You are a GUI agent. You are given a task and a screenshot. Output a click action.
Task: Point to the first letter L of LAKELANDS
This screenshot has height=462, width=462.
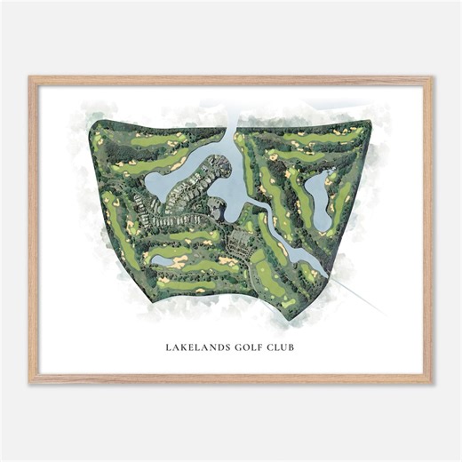tap(168, 346)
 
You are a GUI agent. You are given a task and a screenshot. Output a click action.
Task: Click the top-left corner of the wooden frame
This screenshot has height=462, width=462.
tap(29, 77)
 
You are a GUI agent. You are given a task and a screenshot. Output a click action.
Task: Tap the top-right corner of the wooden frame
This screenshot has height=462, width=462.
tap(432, 77)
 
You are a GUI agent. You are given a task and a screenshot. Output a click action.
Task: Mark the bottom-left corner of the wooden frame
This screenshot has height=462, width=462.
tap(29, 383)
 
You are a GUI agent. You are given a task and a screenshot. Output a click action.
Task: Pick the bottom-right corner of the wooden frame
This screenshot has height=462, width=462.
tap(432, 383)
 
